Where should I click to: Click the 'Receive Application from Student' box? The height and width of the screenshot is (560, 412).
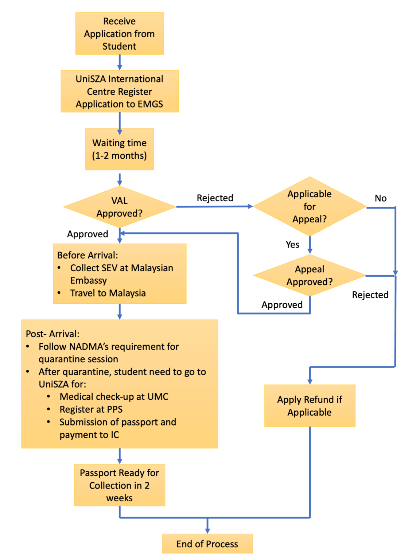pos(119,34)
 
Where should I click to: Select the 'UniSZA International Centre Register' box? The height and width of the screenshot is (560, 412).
pos(119,91)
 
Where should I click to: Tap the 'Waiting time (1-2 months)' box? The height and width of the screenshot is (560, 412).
pos(119,149)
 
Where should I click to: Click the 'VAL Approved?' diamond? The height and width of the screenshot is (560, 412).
pos(119,207)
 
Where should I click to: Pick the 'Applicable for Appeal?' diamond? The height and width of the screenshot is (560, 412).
pos(309,206)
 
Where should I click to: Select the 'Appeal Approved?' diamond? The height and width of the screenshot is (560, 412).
pos(309,275)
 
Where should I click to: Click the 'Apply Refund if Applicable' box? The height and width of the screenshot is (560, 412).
pos(309,405)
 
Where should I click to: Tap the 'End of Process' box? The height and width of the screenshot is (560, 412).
pos(207,544)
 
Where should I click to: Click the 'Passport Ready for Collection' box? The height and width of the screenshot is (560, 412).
pos(119,485)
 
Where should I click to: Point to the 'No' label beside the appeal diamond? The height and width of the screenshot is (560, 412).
pos(380,198)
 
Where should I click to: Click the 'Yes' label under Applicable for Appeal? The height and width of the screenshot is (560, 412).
pos(292,245)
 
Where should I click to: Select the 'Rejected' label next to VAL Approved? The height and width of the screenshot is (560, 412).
pos(215,198)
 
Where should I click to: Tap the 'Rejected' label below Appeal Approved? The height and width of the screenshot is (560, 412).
pos(370,295)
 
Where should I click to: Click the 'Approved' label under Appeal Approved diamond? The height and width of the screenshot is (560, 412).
pos(282,305)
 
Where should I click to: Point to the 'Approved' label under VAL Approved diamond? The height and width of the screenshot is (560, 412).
pos(88,234)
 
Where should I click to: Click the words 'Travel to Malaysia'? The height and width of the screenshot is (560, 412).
pos(108,293)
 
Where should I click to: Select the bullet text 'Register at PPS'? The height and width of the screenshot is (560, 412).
pos(91,409)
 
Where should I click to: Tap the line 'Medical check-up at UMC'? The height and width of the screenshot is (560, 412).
pos(114,397)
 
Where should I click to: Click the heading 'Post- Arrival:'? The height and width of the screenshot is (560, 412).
pos(53,334)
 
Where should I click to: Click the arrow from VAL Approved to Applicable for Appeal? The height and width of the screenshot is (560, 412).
pos(214,207)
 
